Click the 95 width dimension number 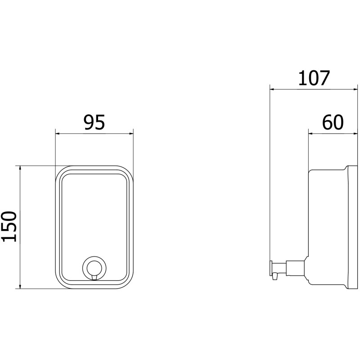(94, 122)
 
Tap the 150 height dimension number (9, 227)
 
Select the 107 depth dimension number (314, 78)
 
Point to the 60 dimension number (333, 122)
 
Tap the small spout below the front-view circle (94, 278)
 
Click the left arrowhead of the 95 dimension (58, 133)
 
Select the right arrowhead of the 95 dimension (131, 133)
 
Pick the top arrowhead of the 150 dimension (20, 168)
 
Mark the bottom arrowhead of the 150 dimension (20, 286)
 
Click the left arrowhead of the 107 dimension (273, 89)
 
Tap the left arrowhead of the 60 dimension (311, 133)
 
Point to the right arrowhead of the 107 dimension (355, 89)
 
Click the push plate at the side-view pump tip (271, 268)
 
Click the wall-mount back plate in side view (353, 227)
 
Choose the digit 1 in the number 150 (9, 238)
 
